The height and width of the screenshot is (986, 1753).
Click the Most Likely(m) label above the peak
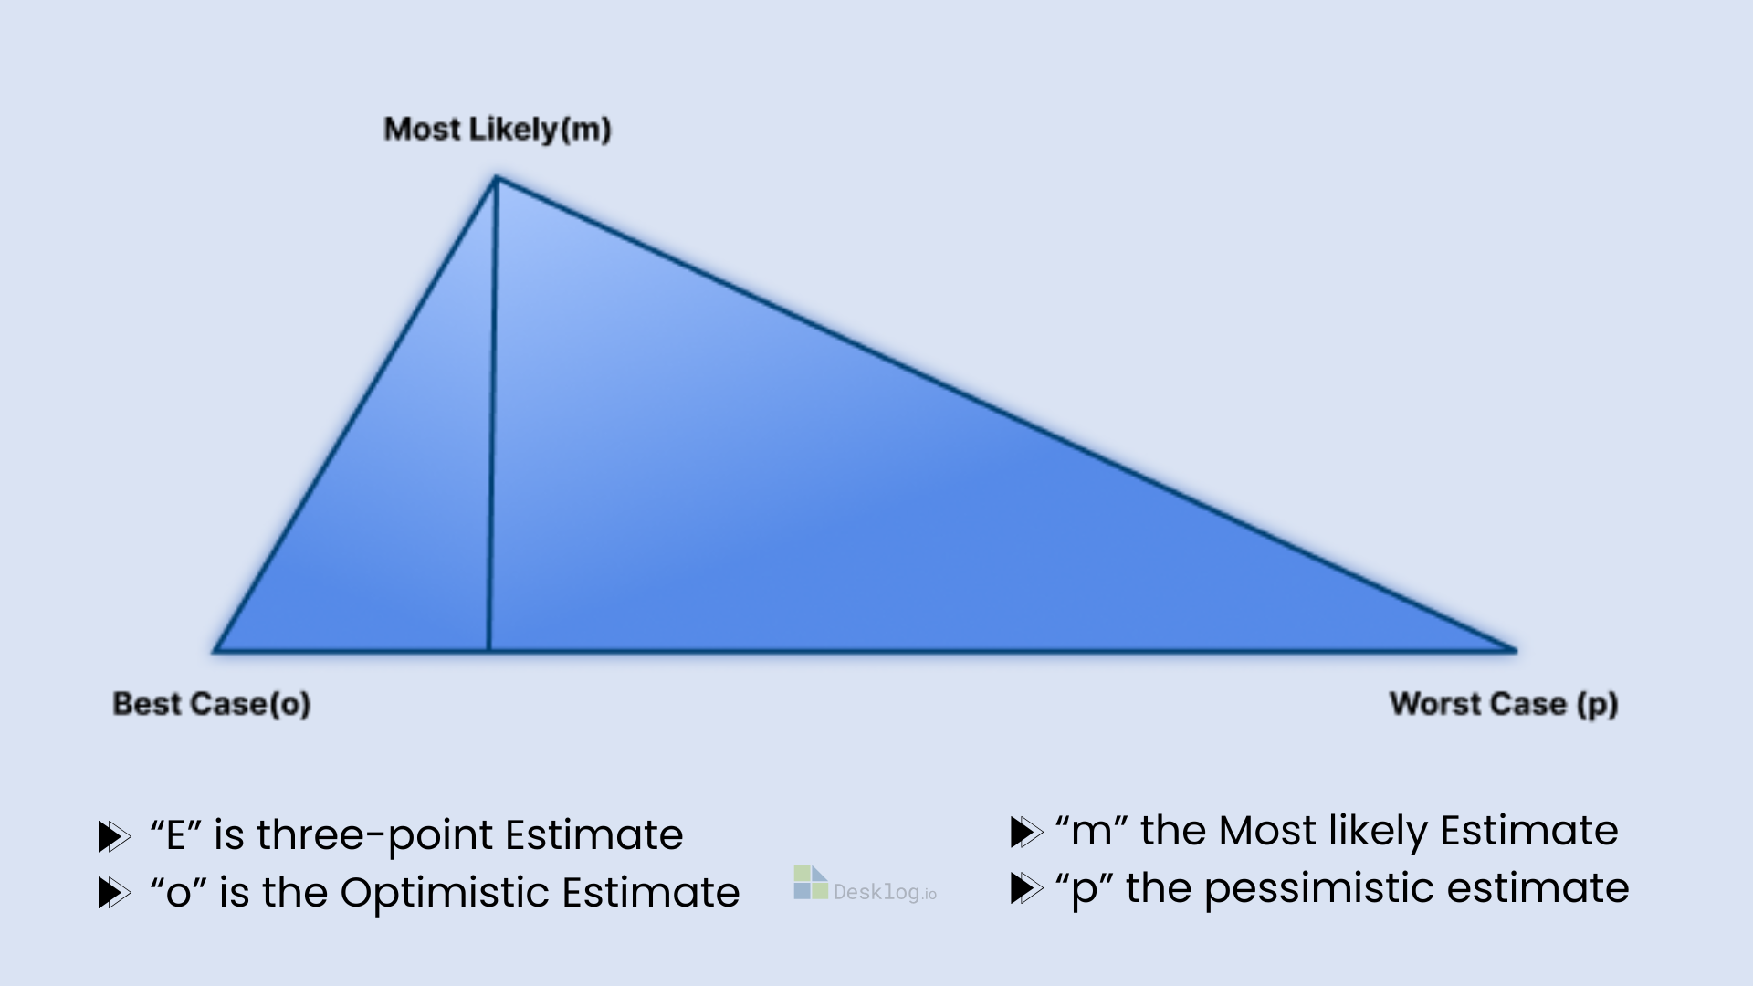[x=498, y=130]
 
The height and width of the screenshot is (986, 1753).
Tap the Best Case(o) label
[x=212, y=704]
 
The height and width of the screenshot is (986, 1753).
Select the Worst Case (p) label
[x=1504, y=704]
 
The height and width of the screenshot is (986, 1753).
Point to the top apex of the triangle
[x=496, y=177]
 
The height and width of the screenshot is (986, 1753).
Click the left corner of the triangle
[x=215, y=651]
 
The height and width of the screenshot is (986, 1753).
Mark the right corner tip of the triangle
[x=1516, y=650]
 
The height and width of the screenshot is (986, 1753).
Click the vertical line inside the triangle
[x=492, y=414]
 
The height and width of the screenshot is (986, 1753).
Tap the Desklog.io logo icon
[x=811, y=883]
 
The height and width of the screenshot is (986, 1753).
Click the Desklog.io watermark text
[x=885, y=892]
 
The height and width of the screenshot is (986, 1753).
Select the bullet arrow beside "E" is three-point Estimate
[x=114, y=836]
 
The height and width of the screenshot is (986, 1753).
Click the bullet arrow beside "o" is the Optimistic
[x=114, y=893]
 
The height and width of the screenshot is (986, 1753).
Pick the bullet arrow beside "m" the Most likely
[x=1026, y=832]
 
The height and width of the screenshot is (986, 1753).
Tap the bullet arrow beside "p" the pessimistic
[x=1026, y=888]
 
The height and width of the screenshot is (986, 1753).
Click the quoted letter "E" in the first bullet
[x=175, y=834]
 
